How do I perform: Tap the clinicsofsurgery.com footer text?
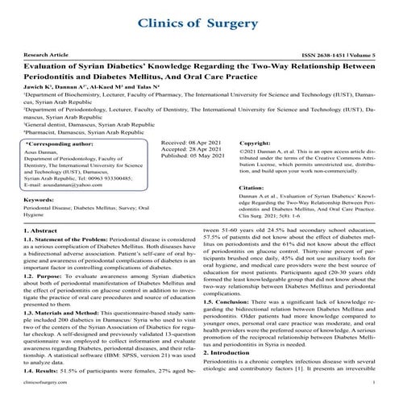(35, 387)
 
